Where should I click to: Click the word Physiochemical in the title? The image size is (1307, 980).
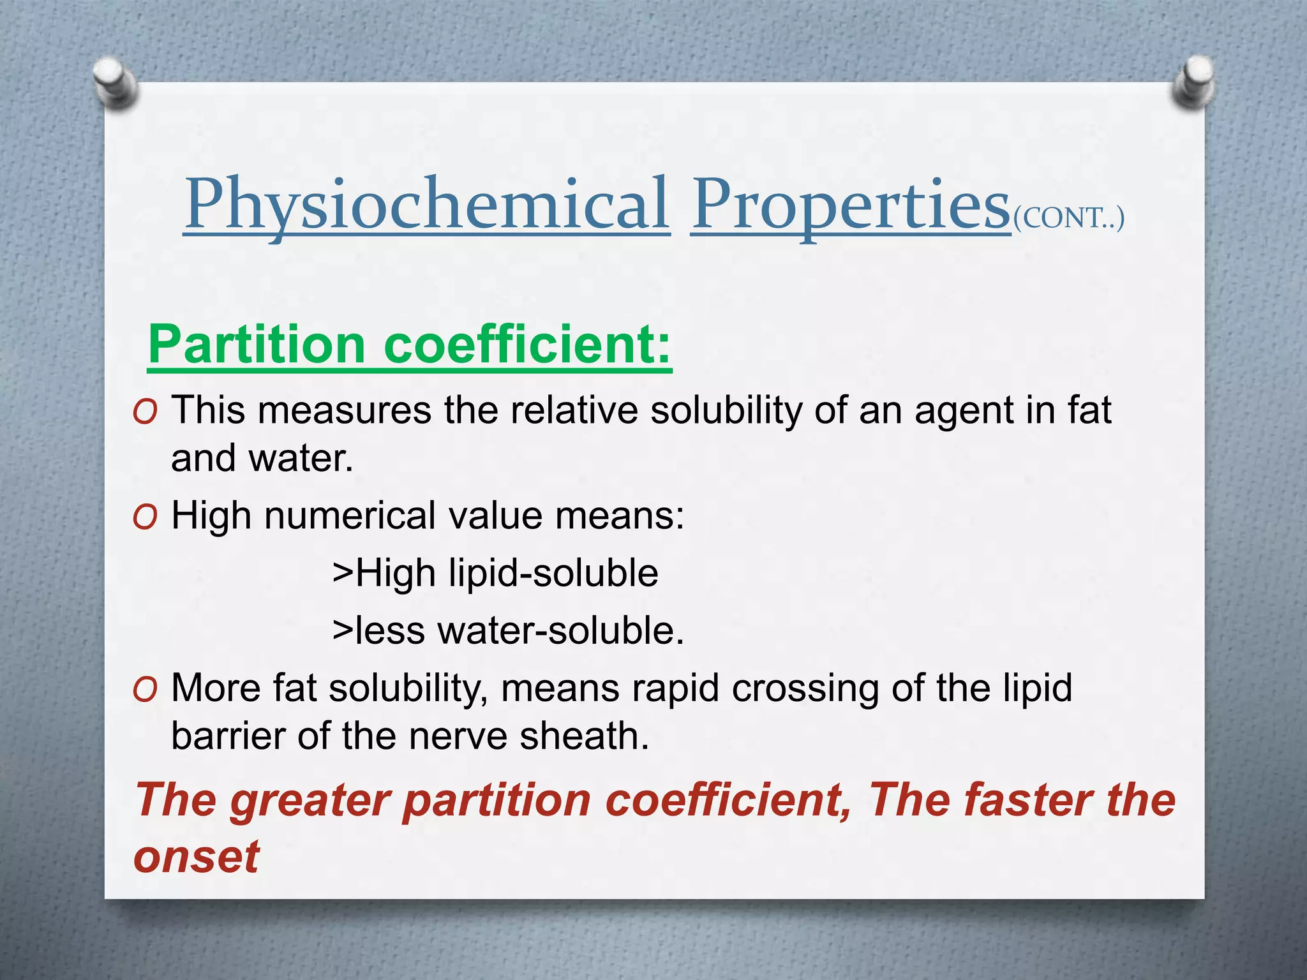[x=426, y=204]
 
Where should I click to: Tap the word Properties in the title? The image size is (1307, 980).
[x=850, y=204]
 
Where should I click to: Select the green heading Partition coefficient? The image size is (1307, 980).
[x=409, y=345]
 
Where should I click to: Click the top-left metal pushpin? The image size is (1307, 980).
[x=115, y=83]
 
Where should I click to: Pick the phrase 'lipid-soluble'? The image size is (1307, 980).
[x=553, y=573]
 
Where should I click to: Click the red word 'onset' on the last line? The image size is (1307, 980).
[x=196, y=856]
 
